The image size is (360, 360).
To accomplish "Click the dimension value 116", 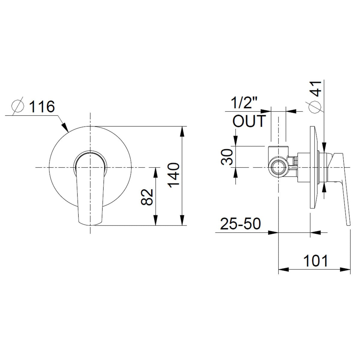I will pyautogui.click(x=42, y=107).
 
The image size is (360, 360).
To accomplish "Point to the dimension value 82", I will pyautogui.click(x=148, y=197).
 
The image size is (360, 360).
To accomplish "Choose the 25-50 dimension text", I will pyautogui.click(x=241, y=224).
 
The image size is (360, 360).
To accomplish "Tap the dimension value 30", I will pyautogui.click(x=227, y=157).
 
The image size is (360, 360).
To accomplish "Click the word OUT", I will pyautogui.click(x=249, y=121).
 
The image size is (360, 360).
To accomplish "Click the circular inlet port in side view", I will pyautogui.click(x=278, y=167).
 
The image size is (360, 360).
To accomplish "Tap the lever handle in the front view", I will pyautogui.click(x=90, y=192).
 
